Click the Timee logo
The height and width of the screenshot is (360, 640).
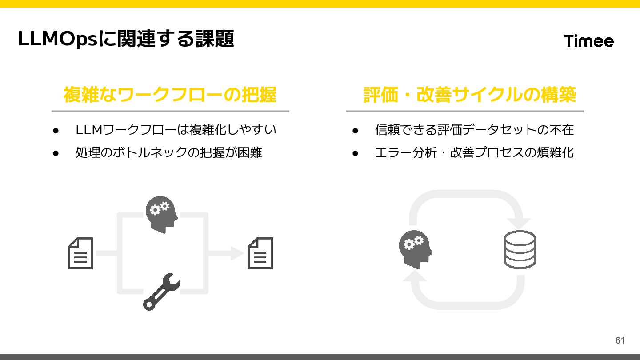click(x=589, y=41)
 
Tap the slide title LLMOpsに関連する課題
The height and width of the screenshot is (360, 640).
click(x=126, y=39)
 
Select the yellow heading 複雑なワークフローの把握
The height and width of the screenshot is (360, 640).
click(x=170, y=95)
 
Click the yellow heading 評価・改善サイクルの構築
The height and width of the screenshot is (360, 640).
click(x=469, y=95)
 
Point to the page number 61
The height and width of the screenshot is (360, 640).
click(x=620, y=340)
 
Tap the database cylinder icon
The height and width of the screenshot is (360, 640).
click(x=520, y=249)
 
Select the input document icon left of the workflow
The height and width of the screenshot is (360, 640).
click(x=80, y=253)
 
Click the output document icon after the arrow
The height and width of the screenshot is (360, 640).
click(x=260, y=253)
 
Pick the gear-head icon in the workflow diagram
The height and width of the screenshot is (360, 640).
click(x=161, y=214)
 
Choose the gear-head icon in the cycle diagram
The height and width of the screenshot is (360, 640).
click(x=415, y=249)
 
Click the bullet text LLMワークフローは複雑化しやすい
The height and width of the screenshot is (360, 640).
click(x=176, y=130)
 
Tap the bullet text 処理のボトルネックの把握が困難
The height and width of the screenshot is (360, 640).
click(x=169, y=152)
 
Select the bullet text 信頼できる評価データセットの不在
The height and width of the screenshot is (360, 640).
click(x=474, y=130)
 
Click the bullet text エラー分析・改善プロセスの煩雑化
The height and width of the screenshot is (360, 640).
click(x=474, y=152)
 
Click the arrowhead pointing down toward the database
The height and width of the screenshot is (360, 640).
click(x=520, y=223)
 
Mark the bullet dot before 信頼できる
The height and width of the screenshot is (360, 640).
click(x=355, y=130)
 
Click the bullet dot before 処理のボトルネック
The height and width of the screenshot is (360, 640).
click(x=56, y=153)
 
